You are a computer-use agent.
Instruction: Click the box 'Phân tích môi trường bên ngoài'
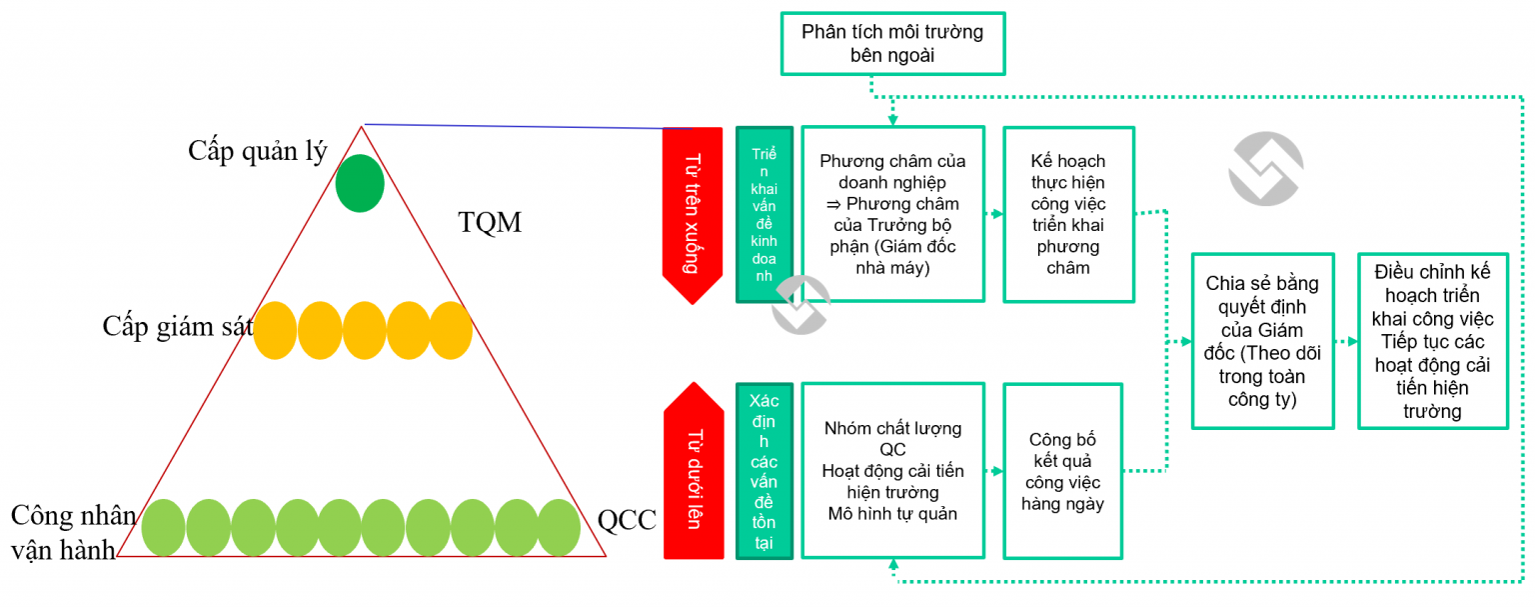click(892, 44)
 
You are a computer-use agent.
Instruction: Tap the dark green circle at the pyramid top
click(360, 184)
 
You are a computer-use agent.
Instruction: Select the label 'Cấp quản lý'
click(258, 151)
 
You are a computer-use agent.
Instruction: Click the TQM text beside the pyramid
click(490, 222)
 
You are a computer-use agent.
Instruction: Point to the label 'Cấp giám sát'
click(177, 326)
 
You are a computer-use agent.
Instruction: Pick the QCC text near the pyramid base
click(627, 520)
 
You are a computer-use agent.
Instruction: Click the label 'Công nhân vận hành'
click(73, 532)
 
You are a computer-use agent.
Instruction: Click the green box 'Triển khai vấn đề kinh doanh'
click(765, 214)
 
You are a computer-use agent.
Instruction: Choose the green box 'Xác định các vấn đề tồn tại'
click(765, 470)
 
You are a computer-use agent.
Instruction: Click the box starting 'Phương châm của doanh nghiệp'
click(892, 214)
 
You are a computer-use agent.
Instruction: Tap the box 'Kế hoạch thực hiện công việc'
click(1068, 214)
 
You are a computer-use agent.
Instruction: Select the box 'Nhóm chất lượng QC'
click(892, 470)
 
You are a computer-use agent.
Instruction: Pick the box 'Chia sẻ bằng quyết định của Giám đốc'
click(1262, 341)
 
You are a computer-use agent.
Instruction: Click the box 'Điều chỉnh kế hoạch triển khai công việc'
click(1432, 341)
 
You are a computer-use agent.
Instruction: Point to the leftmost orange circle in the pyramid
click(275, 330)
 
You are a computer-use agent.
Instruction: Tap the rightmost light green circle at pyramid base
click(559, 527)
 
